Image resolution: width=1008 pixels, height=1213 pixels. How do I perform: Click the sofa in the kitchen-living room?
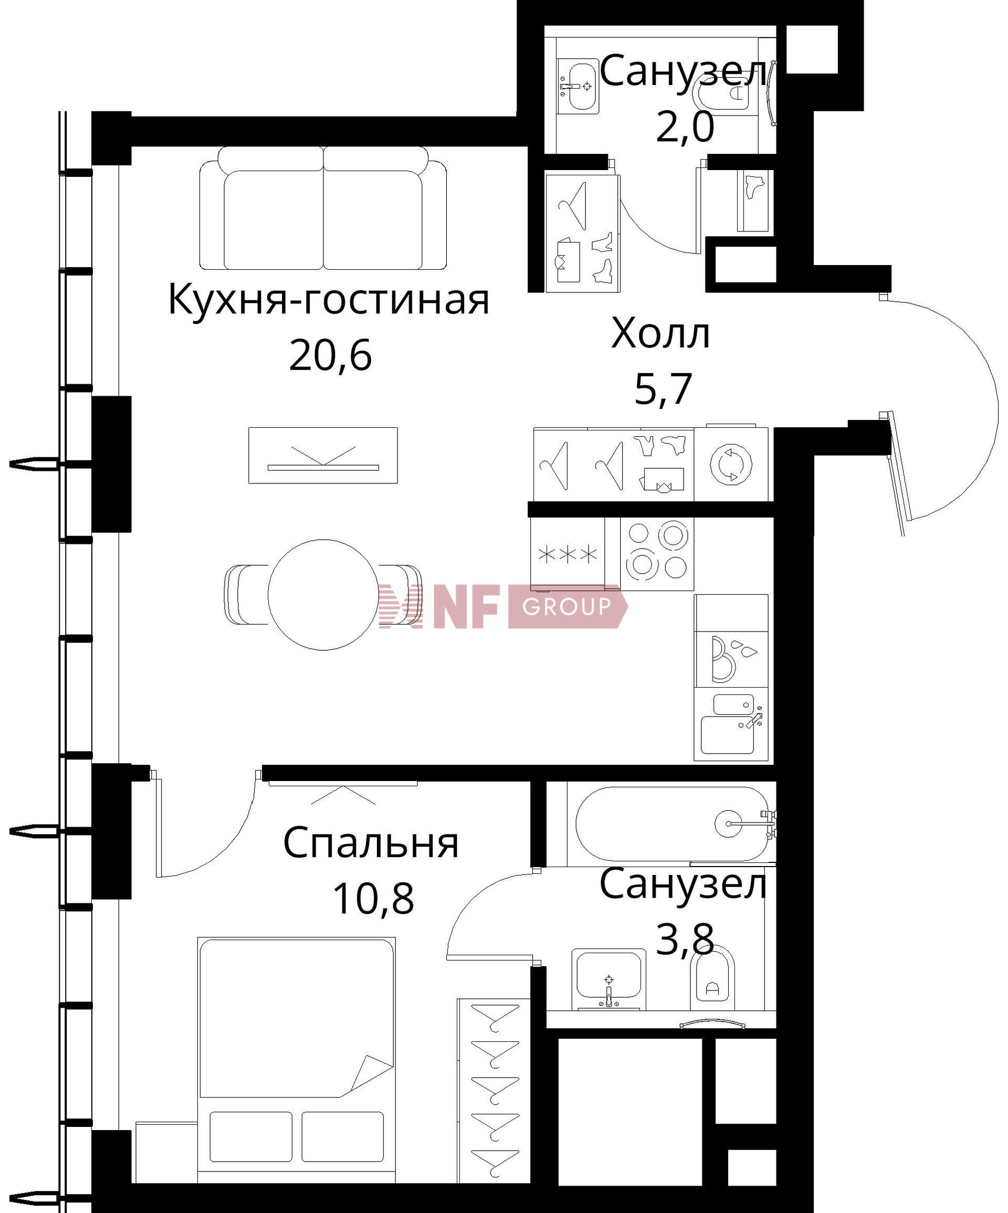click(323, 208)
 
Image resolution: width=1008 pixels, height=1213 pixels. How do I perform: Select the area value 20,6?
click(330, 355)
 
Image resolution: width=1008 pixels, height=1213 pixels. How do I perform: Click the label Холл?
click(660, 333)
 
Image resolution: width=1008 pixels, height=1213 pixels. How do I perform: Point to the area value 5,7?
click(663, 389)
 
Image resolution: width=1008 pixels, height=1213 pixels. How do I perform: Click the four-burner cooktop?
click(657, 553)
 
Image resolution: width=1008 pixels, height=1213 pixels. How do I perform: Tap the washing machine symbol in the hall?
click(731, 465)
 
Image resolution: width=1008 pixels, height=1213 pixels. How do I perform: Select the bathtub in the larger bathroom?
click(673, 824)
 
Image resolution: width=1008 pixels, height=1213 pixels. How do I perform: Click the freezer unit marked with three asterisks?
click(567, 554)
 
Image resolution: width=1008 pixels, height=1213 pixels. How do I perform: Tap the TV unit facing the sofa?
click(323, 455)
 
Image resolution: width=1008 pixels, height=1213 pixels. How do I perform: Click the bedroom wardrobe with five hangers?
click(495, 1093)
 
